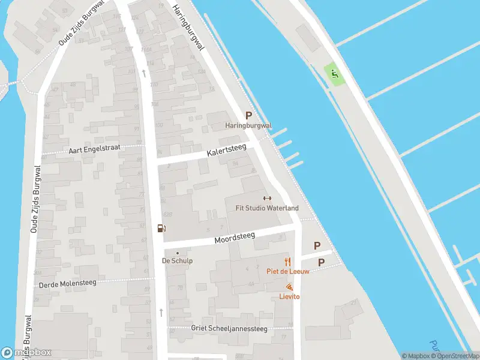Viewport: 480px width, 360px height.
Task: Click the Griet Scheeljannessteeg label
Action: (229, 328)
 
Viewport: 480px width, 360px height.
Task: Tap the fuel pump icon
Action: (161, 228)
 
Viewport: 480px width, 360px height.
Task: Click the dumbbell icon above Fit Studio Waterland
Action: (268, 199)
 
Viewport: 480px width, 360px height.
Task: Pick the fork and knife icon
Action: (287, 262)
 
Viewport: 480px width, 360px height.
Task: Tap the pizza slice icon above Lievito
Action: (289, 287)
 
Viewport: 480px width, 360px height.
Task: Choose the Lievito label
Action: (289, 296)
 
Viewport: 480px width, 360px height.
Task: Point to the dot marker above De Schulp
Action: (177, 253)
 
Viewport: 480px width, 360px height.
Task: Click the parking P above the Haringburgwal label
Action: (248, 116)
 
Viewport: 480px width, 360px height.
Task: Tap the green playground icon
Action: (334, 75)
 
